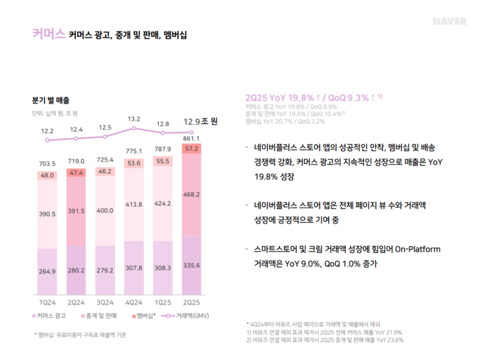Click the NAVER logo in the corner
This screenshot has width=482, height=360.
(x=449, y=21)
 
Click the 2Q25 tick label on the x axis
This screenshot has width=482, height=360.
(x=192, y=302)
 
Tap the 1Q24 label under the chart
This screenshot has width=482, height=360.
(x=47, y=302)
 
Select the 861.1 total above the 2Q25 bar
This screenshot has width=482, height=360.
(x=192, y=138)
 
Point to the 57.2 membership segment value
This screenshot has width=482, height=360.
(x=192, y=148)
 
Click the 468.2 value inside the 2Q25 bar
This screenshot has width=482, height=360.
(x=192, y=194)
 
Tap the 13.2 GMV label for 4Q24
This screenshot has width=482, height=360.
(x=134, y=119)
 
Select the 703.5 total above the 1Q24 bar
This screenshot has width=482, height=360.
(x=47, y=164)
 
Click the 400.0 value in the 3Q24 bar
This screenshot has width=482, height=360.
(x=105, y=211)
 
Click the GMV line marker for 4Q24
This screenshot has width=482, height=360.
(x=134, y=128)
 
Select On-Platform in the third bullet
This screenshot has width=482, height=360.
(x=416, y=250)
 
